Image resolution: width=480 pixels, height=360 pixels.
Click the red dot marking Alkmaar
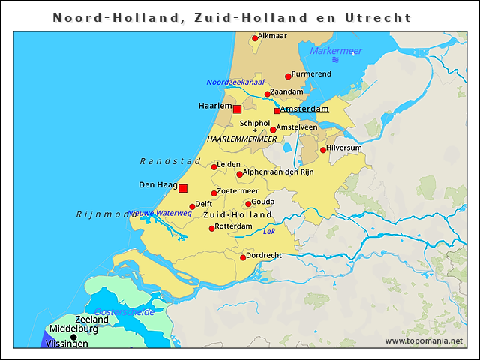[x=254, y=37]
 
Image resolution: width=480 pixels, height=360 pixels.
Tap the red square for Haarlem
[x=237, y=109]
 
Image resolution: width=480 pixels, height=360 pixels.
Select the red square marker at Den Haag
[x=182, y=188]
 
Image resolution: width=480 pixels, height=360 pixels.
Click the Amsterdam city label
[x=304, y=109]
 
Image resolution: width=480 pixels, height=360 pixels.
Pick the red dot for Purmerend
[x=287, y=76]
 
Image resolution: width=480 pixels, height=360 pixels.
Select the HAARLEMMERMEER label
[x=241, y=139]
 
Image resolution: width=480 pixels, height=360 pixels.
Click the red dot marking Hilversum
[x=323, y=150]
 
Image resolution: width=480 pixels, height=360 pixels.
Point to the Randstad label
[x=170, y=161]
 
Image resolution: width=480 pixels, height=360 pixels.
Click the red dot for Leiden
[x=214, y=166]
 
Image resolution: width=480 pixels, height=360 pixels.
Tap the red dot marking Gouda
[x=248, y=203]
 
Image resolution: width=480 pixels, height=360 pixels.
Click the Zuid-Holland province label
[x=238, y=215]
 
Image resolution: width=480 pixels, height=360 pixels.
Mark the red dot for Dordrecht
[x=243, y=257]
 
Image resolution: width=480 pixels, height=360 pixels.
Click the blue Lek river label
[x=269, y=232]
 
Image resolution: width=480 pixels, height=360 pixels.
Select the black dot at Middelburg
[x=73, y=337]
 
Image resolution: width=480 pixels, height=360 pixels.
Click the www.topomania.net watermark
[x=424, y=341]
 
